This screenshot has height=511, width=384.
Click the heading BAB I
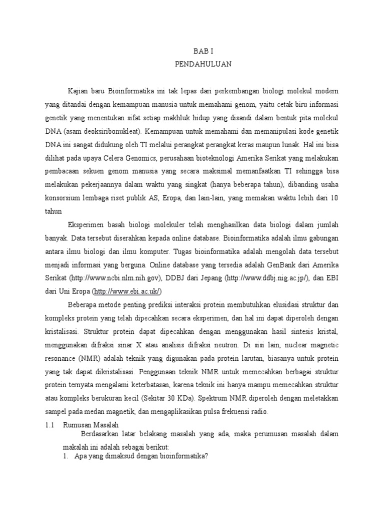pyautogui.click(x=203, y=51)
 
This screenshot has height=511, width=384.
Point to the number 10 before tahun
pyautogui.click(x=334, y=197)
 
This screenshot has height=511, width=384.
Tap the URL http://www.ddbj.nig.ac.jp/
pyautogui.click(x=260, y=277)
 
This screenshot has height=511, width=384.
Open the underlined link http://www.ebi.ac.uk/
pyautogui.click(x=127, y=291)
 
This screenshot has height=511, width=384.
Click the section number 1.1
pyautogui.click(x=49, y=424)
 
